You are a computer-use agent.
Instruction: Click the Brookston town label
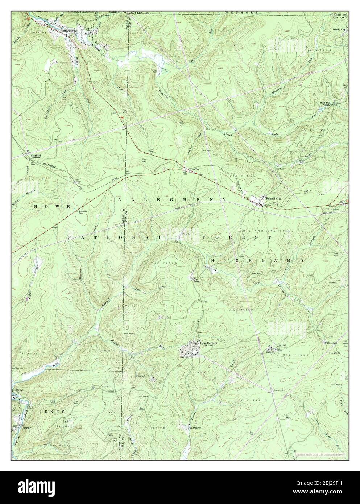[x=69, y=31]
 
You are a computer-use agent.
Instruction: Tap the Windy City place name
[x=340, y=30]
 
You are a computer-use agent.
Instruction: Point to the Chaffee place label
[x=190, y=169]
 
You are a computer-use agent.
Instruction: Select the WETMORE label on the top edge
[x=246, y=13]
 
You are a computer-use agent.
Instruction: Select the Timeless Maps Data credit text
[x=319, y=454]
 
